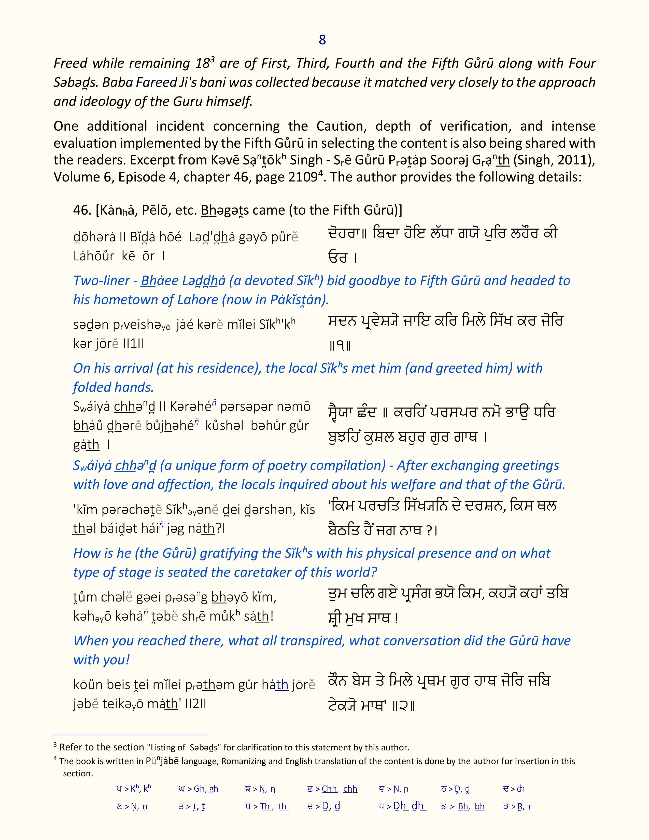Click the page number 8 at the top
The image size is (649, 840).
322,40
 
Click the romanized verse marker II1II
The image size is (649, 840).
133,343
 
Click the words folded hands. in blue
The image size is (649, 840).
114,387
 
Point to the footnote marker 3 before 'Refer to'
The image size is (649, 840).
55,745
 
